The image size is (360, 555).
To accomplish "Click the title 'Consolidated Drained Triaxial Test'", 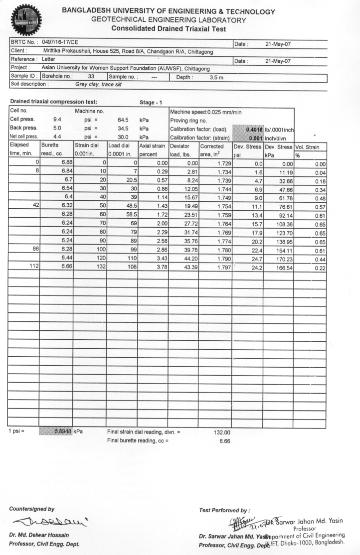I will point(169,29).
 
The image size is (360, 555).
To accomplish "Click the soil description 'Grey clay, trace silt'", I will point(101,84).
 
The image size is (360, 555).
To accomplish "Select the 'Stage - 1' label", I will point(152,102).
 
